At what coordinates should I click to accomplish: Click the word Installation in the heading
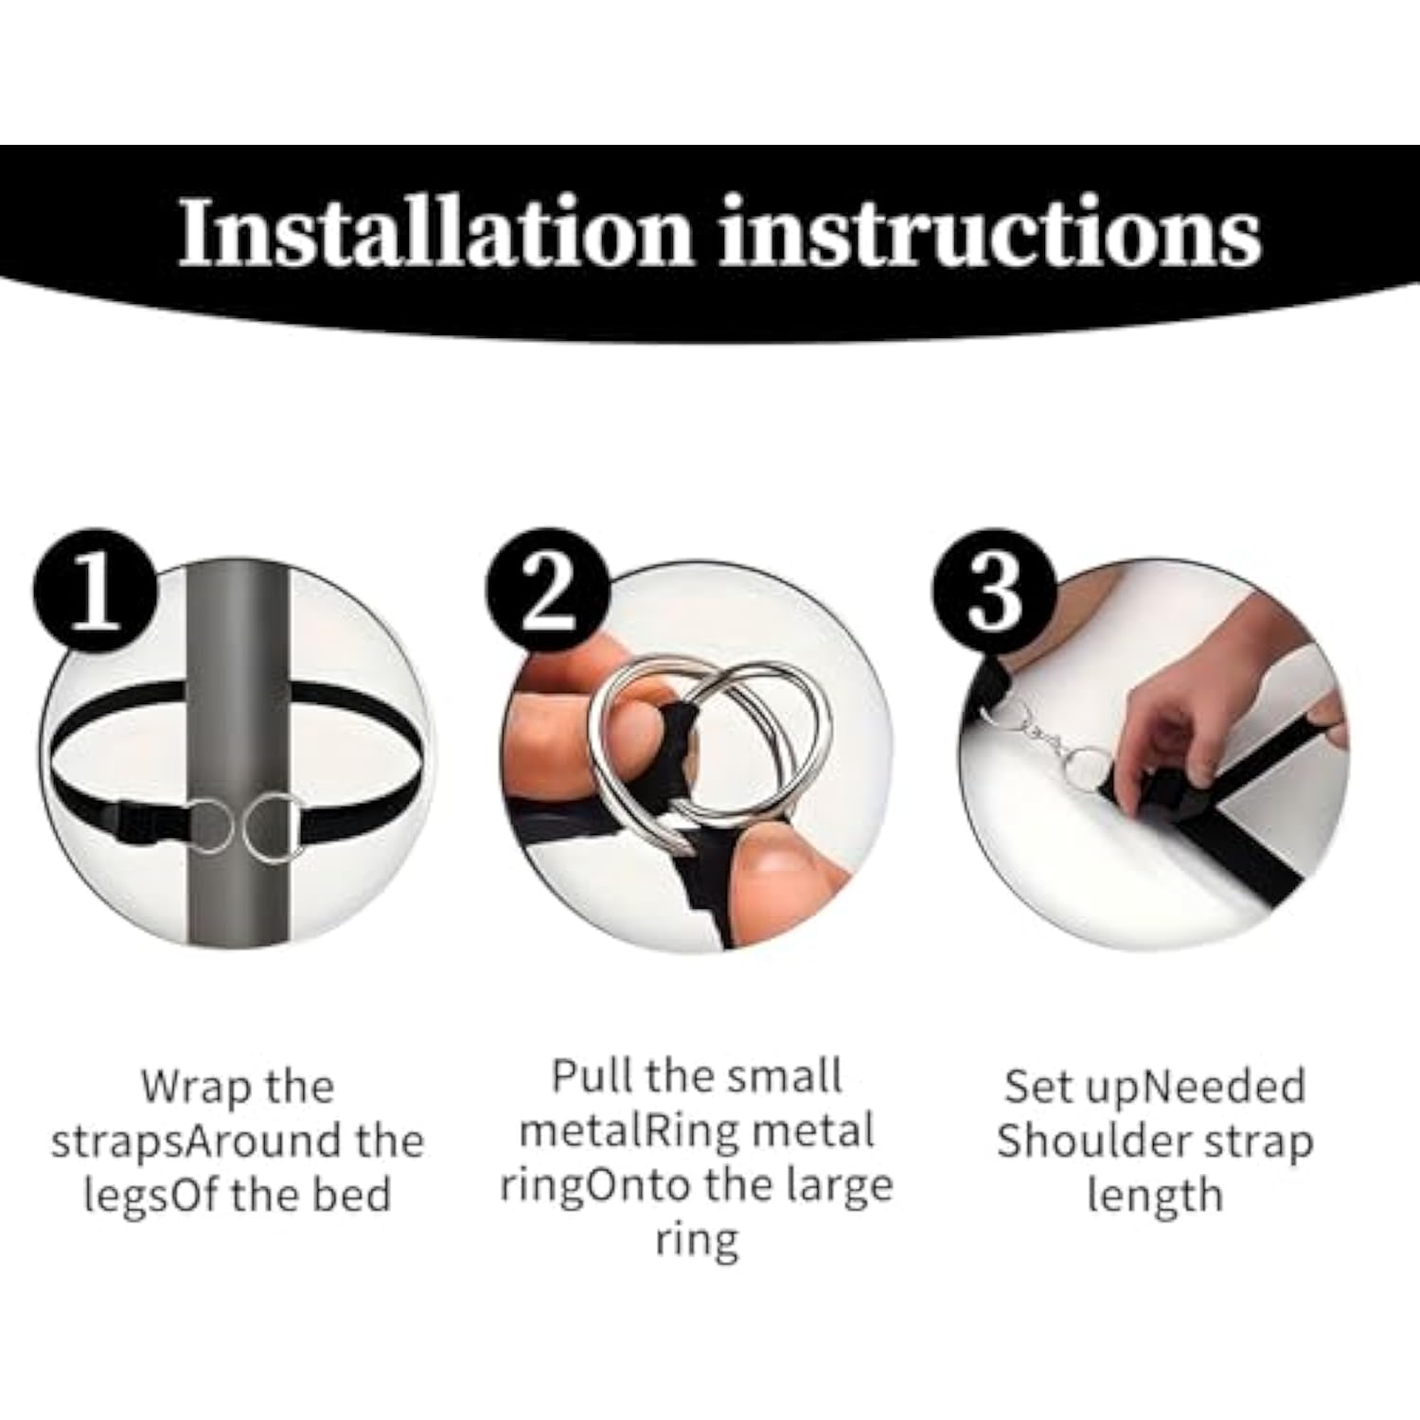click(436, 232)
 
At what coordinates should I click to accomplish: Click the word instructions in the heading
click(990, 232)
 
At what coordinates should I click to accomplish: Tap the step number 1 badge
click(96, 590)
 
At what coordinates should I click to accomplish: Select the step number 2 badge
click(546, 590)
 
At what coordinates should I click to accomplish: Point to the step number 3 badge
click(994, 590)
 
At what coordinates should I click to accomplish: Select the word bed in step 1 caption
click(352, 1194)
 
